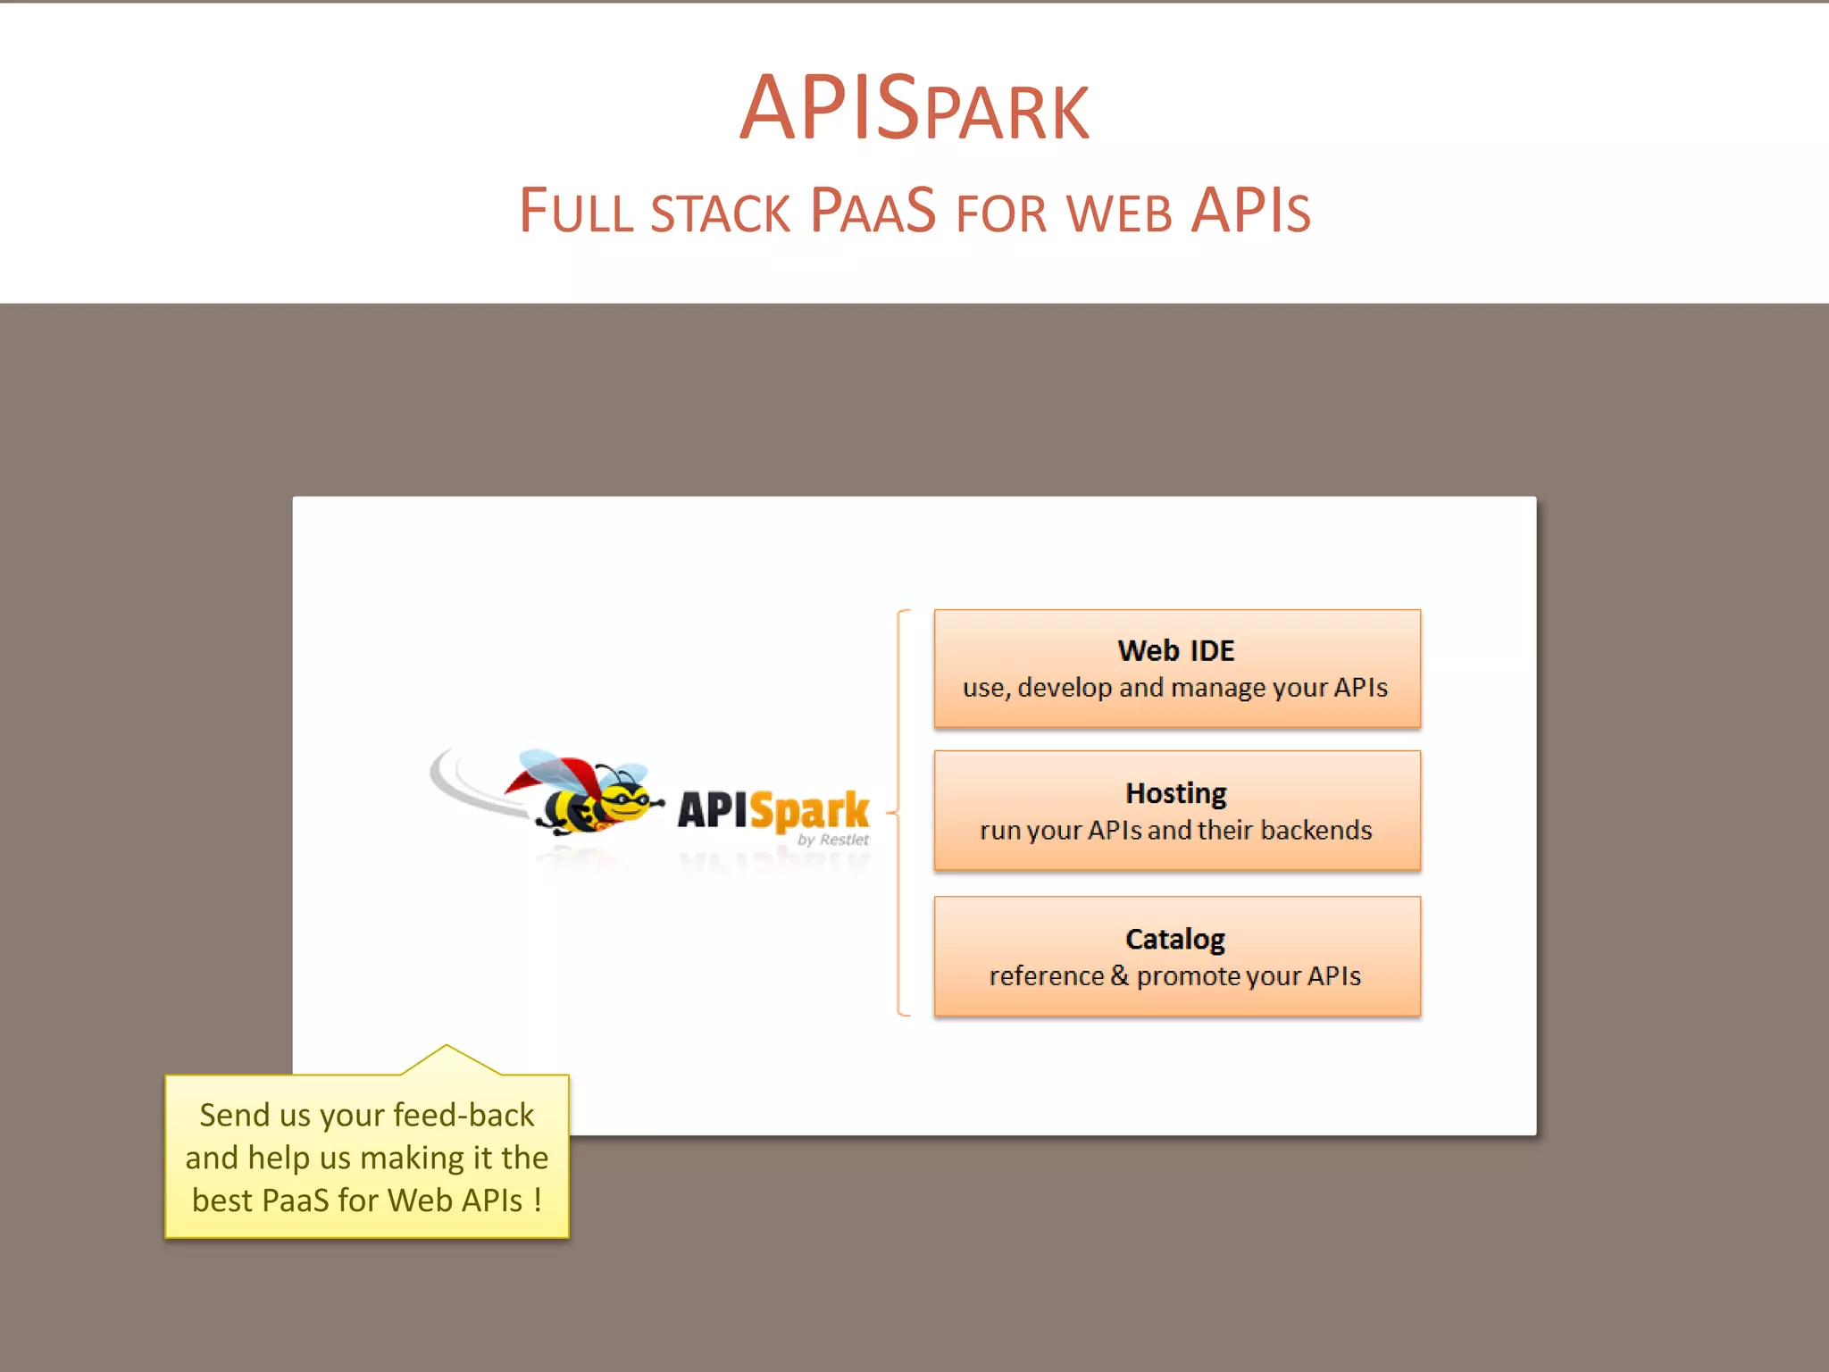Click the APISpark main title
[x=914, y=109]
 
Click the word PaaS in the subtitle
[x=873, y=211]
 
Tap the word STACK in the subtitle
[x=721, y=214]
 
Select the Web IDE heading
[x=1176, y=650]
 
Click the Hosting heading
[x=1176, y=793]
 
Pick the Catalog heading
[x=1175, y=939]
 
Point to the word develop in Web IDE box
[x=1065, y=688]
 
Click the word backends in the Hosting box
[x=1316, y=831]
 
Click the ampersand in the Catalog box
[x=1119, y=975]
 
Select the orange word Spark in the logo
[x=809, y=811]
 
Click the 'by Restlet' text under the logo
[x=832, y=840]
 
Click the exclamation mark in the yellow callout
[x=538, y=1200]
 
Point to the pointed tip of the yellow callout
[x=447, y=1047]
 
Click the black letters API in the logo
[x=712, y=810]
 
